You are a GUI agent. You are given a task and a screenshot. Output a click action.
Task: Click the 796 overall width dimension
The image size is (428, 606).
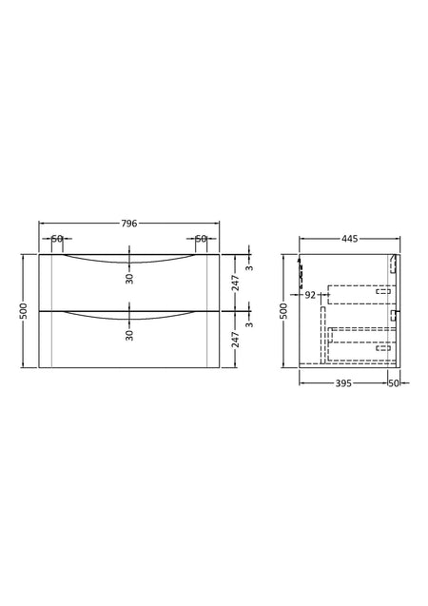coord(129,224)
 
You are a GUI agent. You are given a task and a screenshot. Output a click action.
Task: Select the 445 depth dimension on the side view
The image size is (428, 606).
coord(350,239)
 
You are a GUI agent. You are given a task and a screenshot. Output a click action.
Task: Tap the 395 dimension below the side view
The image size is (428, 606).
coord(343,383)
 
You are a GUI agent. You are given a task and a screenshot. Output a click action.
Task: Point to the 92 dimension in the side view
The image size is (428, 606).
coord(310,295)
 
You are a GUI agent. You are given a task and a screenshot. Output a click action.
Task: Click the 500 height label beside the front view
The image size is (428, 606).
coord(24,311)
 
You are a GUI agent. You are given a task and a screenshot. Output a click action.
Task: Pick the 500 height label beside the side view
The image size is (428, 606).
coord(284,311)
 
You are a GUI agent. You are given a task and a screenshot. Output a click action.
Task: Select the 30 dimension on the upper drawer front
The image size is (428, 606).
coord(129,279)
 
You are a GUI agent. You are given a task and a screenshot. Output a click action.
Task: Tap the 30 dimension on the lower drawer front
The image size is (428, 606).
coord(129,335)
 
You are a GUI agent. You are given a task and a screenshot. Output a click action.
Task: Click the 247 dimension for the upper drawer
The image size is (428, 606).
coord(236,283)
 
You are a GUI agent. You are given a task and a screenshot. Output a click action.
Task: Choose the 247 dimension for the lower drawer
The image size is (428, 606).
coord(236,340)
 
